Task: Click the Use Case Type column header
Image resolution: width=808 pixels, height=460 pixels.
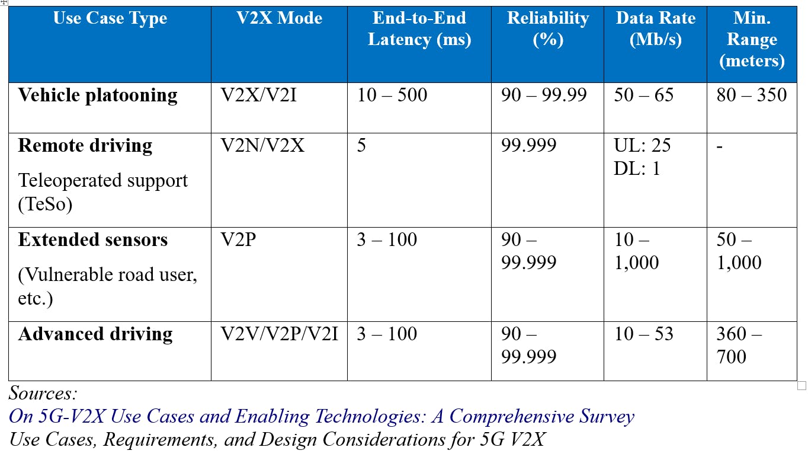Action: pyautogui.click(x=111, y=18)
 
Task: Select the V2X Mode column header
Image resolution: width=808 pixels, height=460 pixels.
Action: pyautogui.click(x=279, y=18)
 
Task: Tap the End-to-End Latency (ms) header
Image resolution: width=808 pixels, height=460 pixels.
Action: pyautogui.click(x=419, y=29)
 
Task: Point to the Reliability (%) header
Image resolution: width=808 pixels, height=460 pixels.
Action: pyautogui.click(x=547, y=29)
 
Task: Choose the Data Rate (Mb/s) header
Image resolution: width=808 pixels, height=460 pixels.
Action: pyautogui.click(x=655, y=29)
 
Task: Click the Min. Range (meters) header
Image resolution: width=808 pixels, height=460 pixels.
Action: pyautogui.click(x=752, y=39)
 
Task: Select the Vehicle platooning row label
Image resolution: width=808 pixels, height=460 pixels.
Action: pyautogui.click(x=98, y=95)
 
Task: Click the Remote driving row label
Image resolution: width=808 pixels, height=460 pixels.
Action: pyautogui.click(x=85, y=146)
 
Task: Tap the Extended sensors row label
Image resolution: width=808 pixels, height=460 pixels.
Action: pyautogui.click(x=93, y=240)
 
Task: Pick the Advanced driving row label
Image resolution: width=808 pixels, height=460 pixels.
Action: pyautogui.click(x=95, y=334)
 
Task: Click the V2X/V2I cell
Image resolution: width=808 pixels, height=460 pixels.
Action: pyautogui.click(x=258, y=95)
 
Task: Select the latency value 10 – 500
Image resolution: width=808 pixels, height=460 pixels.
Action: pyautogui.click(x=392, y=95)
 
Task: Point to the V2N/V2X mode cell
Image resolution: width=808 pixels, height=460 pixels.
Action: pyautogui.click(x=262, y=146)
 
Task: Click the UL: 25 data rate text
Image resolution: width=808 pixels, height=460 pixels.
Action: pyautogui.click(x=642, y=146)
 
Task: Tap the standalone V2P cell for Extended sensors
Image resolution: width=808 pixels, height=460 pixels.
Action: pyautogui.click(x=238, y=240)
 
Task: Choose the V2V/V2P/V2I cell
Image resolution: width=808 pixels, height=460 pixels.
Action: pyautogui.click(x=279, y=334)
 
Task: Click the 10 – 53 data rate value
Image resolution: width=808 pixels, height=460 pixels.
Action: pyautogui.click(x=643, y=334)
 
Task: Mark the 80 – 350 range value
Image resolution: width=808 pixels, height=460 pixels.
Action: pyautogui.click(x=751, y=95)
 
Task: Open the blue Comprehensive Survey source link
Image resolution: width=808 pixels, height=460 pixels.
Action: pyautogui.click(x=321, y=417)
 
